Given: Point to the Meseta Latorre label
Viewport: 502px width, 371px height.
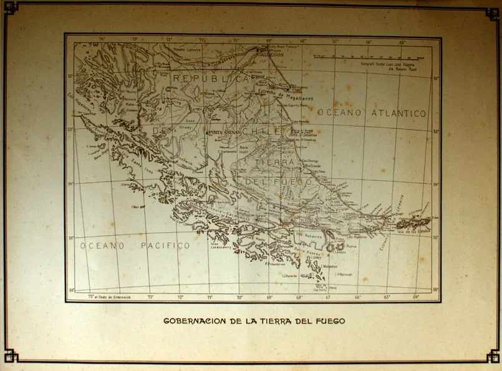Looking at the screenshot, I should pyautogui.click(x=187, y=49).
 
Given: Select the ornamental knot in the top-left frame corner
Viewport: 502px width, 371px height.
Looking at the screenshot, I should pyautogui.click(x=11, y=7).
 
